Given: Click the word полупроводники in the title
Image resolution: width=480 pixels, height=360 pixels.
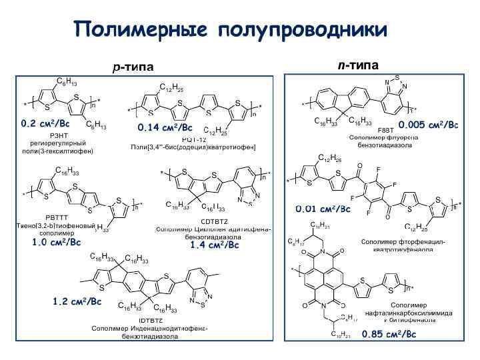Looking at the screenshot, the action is click(x=302, y=29).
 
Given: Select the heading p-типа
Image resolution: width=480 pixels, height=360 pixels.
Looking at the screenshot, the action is click(x=132, y=67).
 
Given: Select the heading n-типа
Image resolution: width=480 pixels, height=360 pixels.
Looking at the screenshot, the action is click(x=357, y=65).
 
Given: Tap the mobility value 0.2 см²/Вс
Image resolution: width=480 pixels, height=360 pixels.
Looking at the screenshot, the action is click(x=45, y=123).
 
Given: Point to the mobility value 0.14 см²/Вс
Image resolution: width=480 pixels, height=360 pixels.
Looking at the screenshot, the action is click(x=165, y=127).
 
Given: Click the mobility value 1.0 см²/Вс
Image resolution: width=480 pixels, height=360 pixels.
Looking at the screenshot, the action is click(x=57, y=243).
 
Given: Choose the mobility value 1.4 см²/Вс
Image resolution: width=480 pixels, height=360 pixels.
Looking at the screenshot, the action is click(x=214, y=245).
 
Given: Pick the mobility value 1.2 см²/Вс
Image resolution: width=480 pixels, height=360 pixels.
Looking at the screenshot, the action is click(x=77, y=302).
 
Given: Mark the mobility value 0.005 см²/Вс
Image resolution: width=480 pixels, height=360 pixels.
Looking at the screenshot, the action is click(x=428, y=125).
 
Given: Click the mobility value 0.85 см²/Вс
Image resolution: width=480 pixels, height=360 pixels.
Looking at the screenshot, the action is click(x=389, y=334).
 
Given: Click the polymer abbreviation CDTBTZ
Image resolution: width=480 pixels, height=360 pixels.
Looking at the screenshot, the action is click(x=214, y=221).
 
